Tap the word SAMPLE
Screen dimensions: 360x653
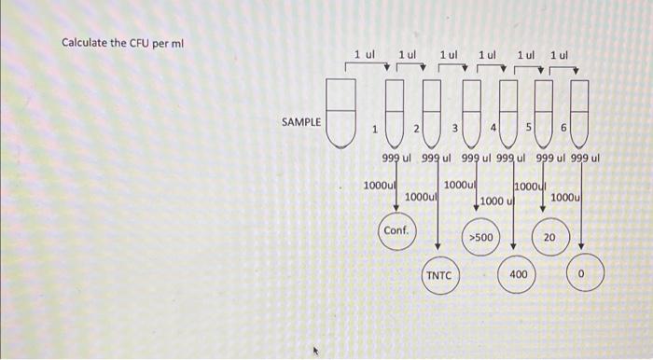(301, 121)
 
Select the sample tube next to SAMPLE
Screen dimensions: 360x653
(342, 114)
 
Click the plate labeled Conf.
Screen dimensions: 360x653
(396, 230)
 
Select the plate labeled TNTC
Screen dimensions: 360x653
(438, 276)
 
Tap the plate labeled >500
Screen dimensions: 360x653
(481, 239)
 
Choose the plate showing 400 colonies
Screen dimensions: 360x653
(519, 275)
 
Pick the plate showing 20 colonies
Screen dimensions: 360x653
(549, 239)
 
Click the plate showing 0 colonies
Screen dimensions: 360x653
(583, 275)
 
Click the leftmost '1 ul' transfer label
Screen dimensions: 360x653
(364, 55)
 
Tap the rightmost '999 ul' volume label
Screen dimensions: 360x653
(584, 157)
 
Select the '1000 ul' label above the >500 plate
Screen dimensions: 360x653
(497, 201)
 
